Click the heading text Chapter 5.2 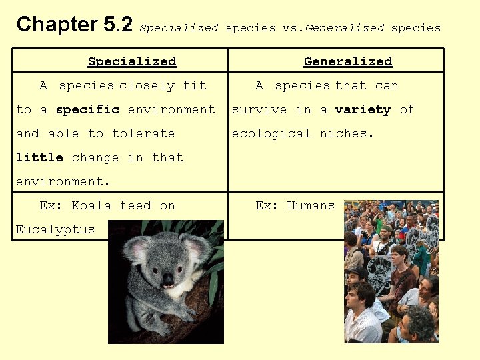[75, 25]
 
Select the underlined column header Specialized [132, 61]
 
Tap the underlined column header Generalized [348, 61]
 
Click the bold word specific [87, 109]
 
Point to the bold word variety [363, 109]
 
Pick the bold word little [39, 157]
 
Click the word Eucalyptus [55, 229]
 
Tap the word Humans [311, 205]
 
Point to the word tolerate [143, 133]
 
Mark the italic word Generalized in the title [345, 28]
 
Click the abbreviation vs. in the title [292, 28]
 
